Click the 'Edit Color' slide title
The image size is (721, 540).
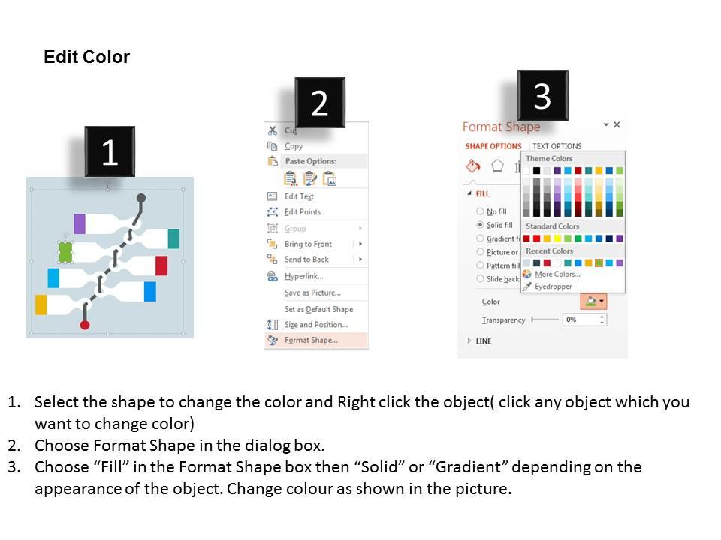[86, 58]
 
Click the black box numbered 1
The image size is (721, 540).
[110, 152]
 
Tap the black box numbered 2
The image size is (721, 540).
[320, 103]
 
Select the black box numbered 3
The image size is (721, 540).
[542, 95]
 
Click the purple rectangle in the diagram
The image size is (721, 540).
[80, 223]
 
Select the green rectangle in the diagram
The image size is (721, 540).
[65, 252]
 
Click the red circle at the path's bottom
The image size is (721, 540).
[85, 325]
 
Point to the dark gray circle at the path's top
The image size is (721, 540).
[141, 198]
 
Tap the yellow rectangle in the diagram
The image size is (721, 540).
[41, 304]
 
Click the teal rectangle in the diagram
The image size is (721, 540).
[173, 238]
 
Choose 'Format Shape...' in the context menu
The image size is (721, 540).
[311, 340]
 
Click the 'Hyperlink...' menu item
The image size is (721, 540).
[303, 276]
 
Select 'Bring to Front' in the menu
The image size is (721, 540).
[308, 244]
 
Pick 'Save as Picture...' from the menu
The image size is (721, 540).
[312, 292]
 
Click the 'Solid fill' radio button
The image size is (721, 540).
[481, 225]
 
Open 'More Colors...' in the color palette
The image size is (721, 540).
[556, 274]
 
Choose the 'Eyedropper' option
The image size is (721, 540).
[553, 286]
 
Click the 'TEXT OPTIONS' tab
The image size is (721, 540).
[557, 146]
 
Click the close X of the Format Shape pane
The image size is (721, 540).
[617, 125]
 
